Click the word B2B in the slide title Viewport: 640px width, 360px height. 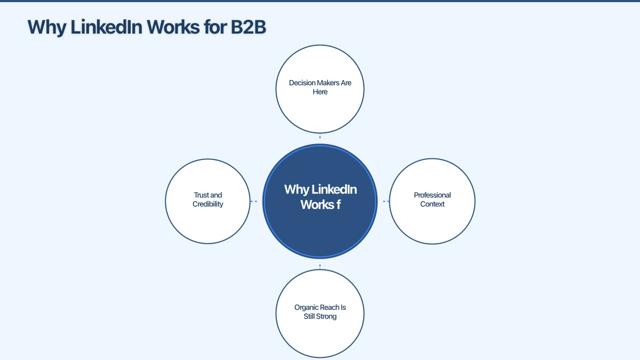[x=248, y=27]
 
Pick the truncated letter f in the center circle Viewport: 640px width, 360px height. [x=338, y=204]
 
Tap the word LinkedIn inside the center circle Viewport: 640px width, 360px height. [x=334, y=189]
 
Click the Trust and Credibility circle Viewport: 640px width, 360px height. [x=208, y=224]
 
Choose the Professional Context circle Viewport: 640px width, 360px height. [x=432, y=224]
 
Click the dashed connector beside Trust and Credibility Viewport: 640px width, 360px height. [x=254, y=201]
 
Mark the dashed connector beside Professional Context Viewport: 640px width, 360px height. [x=386, y=201]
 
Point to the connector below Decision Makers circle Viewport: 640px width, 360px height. [x=320, y=137]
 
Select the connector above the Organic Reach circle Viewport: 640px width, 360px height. [x=320, y=265]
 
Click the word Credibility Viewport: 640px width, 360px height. [x=208, y=204]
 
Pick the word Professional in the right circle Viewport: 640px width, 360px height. [x=432, y=195]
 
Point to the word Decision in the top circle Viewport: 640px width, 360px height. [x=302, y=83]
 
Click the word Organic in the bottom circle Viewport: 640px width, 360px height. [x=306, y=307]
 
